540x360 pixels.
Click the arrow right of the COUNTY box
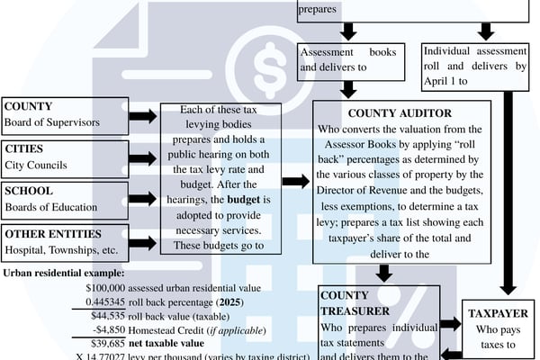(142, 116)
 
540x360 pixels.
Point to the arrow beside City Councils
(142, 157)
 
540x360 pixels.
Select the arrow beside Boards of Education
(142, 199)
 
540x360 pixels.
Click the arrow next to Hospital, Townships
(142, 240)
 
